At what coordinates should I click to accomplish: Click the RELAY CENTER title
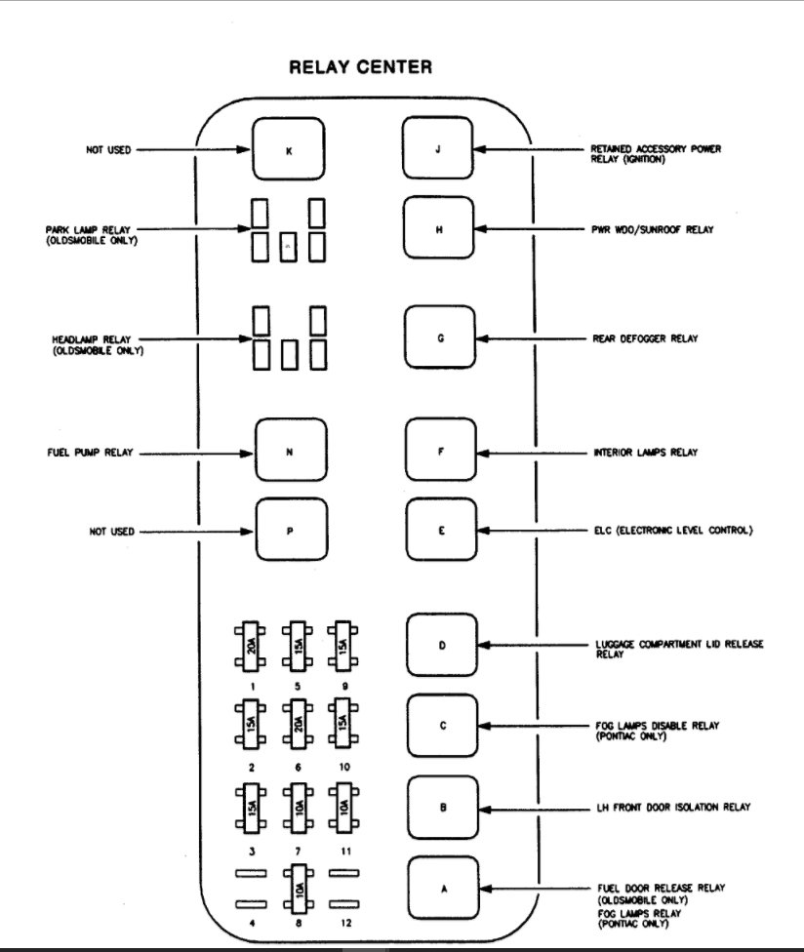click(x=361, y=68)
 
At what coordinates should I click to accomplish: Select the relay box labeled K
click(x=288, y=149)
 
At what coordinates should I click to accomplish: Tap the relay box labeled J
click(x=438, y=149)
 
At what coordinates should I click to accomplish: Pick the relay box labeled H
click(x=438, y=229)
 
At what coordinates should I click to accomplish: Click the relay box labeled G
click(x=438, y=337)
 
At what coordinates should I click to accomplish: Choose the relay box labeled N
click(x=290, y=452)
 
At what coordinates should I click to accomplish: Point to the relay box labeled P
click(x=290, y=531)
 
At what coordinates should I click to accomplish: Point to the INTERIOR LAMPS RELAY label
click(x=651, y=453)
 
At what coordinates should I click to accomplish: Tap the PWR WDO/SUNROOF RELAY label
click(x=652, y=229)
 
